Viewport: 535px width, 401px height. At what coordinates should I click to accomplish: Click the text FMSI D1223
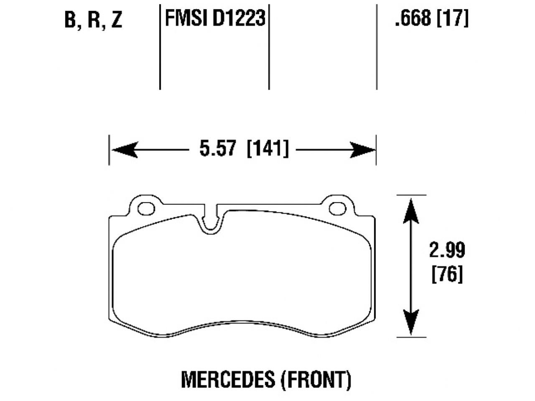(x=215, y=18)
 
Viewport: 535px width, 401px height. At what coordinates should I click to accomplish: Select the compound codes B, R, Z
(x=93, y=20)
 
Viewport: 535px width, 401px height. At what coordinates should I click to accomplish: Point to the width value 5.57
(x=218, y=149)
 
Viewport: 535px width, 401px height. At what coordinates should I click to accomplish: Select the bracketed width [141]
(x=267, y=149)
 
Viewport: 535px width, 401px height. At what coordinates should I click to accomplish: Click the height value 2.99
(x=447, y=250)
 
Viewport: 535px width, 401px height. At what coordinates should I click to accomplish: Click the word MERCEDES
(x=227, y=379)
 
